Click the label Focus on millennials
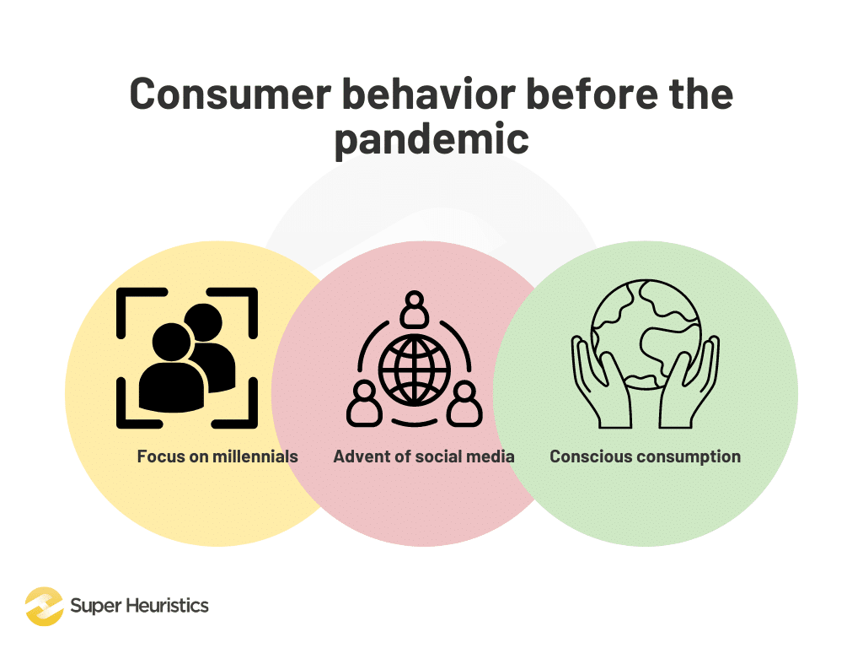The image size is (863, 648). (x=217, y=456)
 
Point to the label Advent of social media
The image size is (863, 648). (x=424, y=456)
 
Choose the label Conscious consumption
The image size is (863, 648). (x=645, y=456)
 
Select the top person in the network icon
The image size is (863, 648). (x=414, y=309)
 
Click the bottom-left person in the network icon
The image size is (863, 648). (x=363, y=404)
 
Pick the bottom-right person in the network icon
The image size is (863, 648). (x=464, y=404)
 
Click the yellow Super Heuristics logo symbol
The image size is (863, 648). (x=44, y=606)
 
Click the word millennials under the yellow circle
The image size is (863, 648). (x=255, y=456)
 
